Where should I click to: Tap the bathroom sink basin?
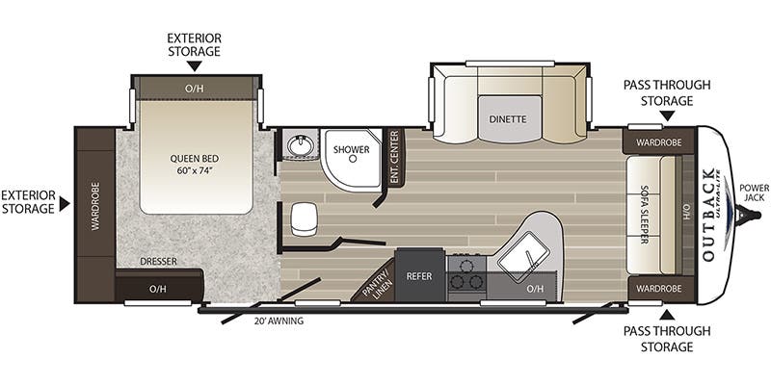(x=300, y=145)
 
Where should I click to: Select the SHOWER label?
(x=352, y=150)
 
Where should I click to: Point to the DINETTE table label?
(x=507, y=120)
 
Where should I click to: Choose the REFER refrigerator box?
(x=420, y=276)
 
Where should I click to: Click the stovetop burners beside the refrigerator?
(x=465, y=273)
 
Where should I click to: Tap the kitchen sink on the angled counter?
(x=529, y=254)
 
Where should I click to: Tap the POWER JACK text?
(x=753, y=192)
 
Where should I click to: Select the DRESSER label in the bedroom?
(x=157, y=260)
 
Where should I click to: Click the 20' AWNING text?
(x=279, y=321)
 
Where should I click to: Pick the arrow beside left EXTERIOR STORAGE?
(x=65, y=203)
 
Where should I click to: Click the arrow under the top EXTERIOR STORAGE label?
(x=194, y=65)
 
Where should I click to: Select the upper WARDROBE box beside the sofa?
(x=658, y=141)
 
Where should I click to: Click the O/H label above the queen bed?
(x=196, y=89)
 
